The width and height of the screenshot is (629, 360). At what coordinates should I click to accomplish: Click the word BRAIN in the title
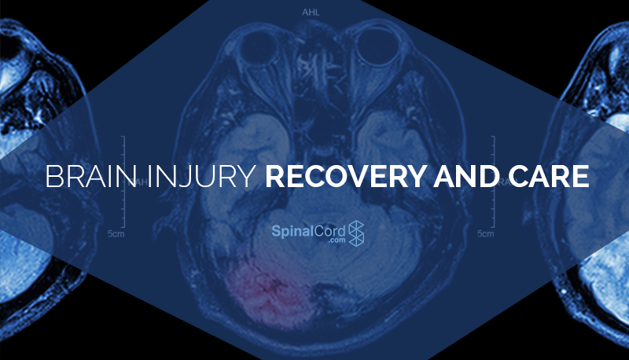click(x=90, y=176)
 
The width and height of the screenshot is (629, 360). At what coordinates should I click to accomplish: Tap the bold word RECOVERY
click(x=344, y=176)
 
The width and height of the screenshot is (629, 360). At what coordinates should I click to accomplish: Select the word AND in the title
click(x=465, y=176)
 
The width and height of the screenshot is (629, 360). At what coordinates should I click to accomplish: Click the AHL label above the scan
click(x=311, y=13)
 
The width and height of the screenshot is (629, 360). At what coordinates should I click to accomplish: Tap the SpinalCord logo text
click(x=308, y=231)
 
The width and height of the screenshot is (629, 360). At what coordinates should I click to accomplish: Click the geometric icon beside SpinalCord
click(x=356, y=233)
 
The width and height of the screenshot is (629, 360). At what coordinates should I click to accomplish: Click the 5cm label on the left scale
click(x=116, y=233)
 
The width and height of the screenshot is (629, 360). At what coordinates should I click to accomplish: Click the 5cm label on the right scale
click(x=485, y=233)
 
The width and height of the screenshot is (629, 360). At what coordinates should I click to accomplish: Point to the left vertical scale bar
click(x=124, y=182)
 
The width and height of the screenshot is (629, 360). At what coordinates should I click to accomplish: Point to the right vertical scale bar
click(x=494, y=182)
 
